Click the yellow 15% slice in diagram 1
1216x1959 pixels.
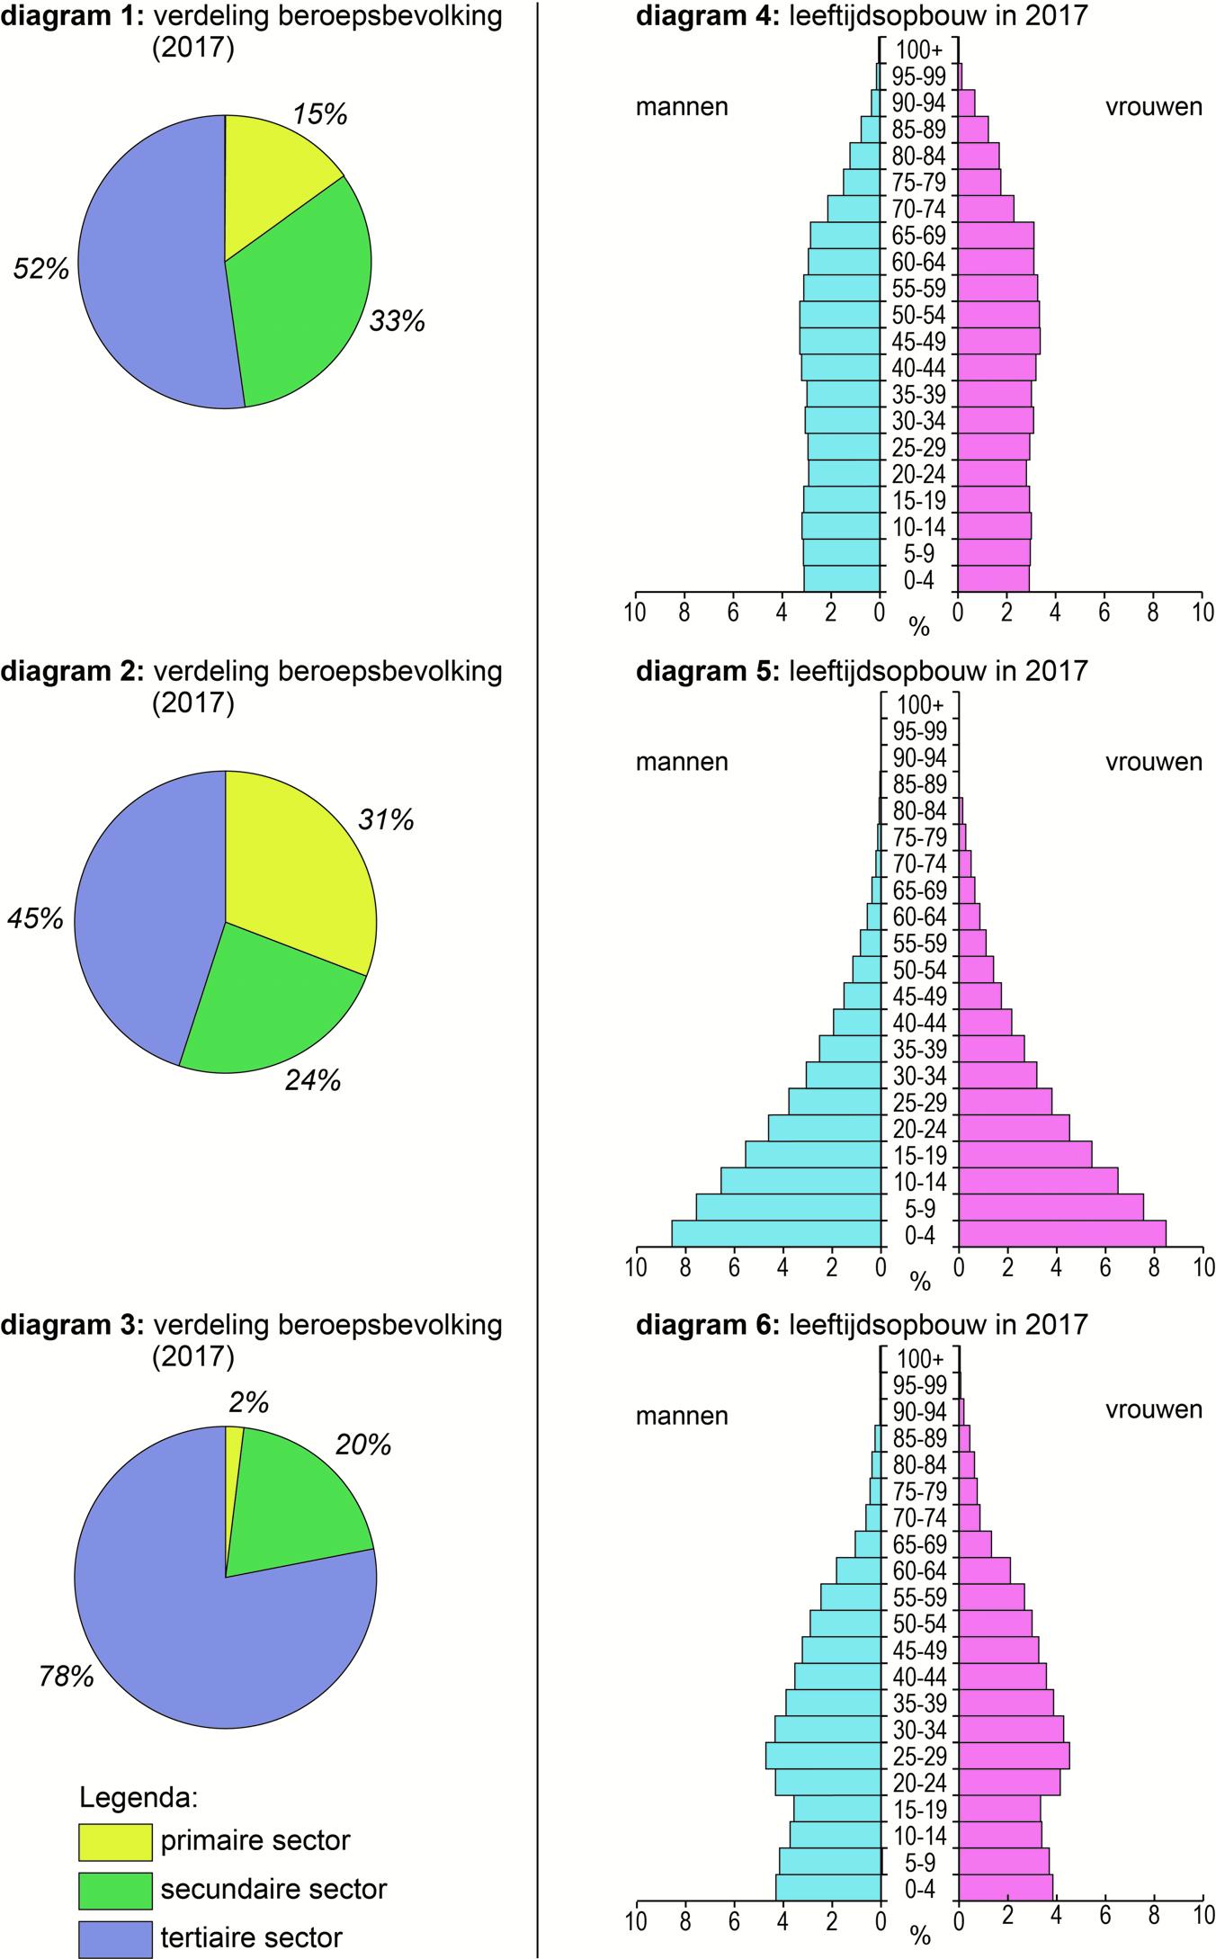tap(270, 180)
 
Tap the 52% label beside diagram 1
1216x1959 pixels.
tap(40, 268)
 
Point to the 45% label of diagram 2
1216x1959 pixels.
tap(36, 918)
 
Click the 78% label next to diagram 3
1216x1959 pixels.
tap(66, 1677)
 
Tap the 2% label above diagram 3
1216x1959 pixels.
tap(248, 1402)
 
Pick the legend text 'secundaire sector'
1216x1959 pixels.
tap(273, 1889)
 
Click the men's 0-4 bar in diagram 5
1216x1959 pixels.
tap(775, 1233)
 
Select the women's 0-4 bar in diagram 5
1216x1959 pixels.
tap(1061, 1233)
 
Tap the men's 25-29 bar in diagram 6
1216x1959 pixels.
tap(822, 1756)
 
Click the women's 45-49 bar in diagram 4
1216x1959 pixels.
tap(998, 341)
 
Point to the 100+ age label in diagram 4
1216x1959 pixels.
tap(919, 50)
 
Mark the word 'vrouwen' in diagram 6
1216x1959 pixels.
tap(1153, 1409)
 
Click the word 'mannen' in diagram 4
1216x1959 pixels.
tap(682, 107)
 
